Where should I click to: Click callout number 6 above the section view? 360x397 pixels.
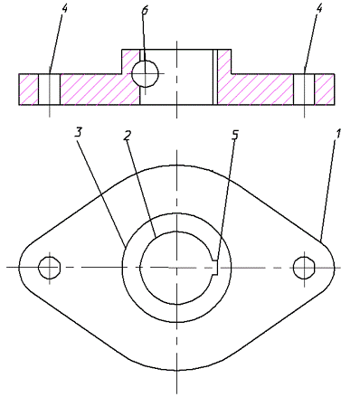point(145,10)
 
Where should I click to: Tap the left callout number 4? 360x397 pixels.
point(64,8)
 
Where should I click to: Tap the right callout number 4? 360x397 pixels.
point(319,8)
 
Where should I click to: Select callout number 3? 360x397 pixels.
point(79,132)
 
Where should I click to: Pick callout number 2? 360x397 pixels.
point(128,135)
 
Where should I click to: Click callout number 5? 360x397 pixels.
point(235,135)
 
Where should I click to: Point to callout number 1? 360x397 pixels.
point(338,134)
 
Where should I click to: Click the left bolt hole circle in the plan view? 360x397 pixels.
point(50,268)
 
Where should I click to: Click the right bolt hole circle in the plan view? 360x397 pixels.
point(304,268)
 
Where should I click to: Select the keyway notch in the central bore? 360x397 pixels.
point(216,268)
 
